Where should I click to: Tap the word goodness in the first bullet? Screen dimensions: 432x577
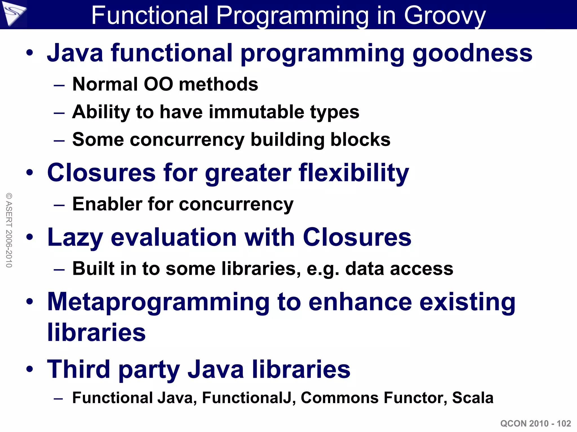(x=472, y=53)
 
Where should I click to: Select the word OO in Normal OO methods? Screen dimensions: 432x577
(x=158, y=84)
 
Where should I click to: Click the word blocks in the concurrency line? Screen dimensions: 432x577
(x=360, y=139)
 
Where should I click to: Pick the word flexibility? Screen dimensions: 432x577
(x=354, y=173)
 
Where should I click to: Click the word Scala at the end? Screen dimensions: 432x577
(x=472, y=398)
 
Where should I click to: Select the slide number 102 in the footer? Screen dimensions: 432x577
(x=564, y=424)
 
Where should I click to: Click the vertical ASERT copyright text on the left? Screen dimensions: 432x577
(x=9, y=230)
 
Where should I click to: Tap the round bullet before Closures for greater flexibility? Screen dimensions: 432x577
(x=30, y=173)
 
